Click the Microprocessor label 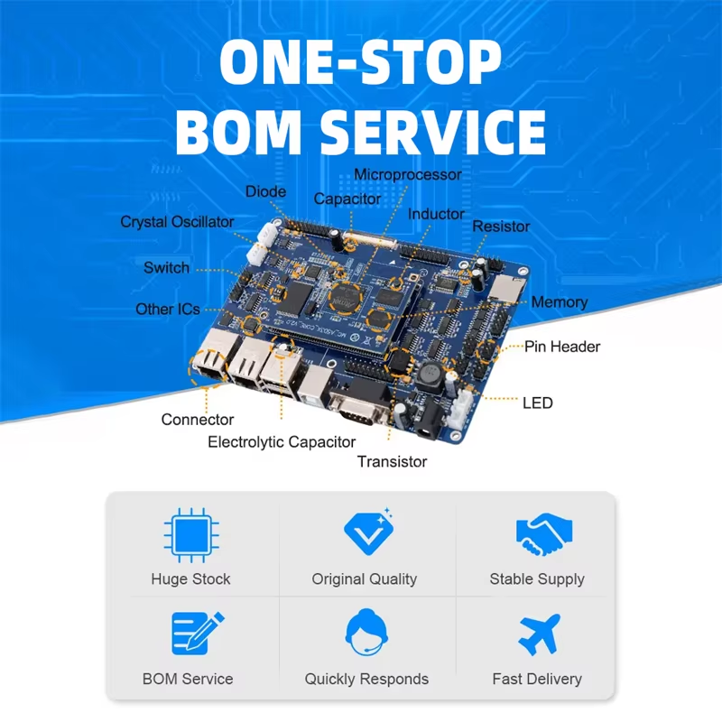(x=408, y=174)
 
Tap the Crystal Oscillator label (x=177, y=222)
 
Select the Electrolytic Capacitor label (x=282, y=442)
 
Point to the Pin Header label (x=562, y=347)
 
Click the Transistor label (x=392, y=462)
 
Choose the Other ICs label (x=168, y=310)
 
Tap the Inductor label (x=436, y=215)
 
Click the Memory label (x=559, y=302)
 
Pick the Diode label (x=265, y=191)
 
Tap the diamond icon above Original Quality (x=366, y=533)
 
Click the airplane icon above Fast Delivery (x=539, y=634)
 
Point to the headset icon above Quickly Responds (x=366, y=634)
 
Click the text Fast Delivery (x=537, y=679)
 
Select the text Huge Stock (x=191, y=579)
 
